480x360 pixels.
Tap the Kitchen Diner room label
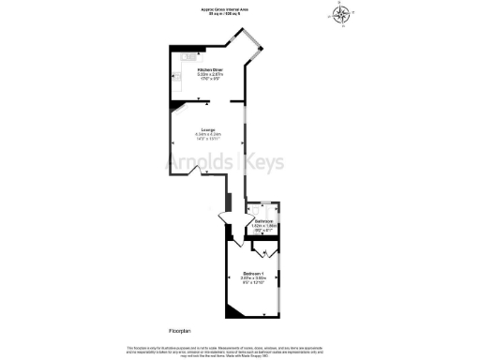click(209, 70)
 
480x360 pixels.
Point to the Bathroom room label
click(262, 221)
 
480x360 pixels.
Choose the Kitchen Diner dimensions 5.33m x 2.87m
click(209, 75)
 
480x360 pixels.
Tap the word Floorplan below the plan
click(180, 331)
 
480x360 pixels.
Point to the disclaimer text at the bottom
click(240, 350)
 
